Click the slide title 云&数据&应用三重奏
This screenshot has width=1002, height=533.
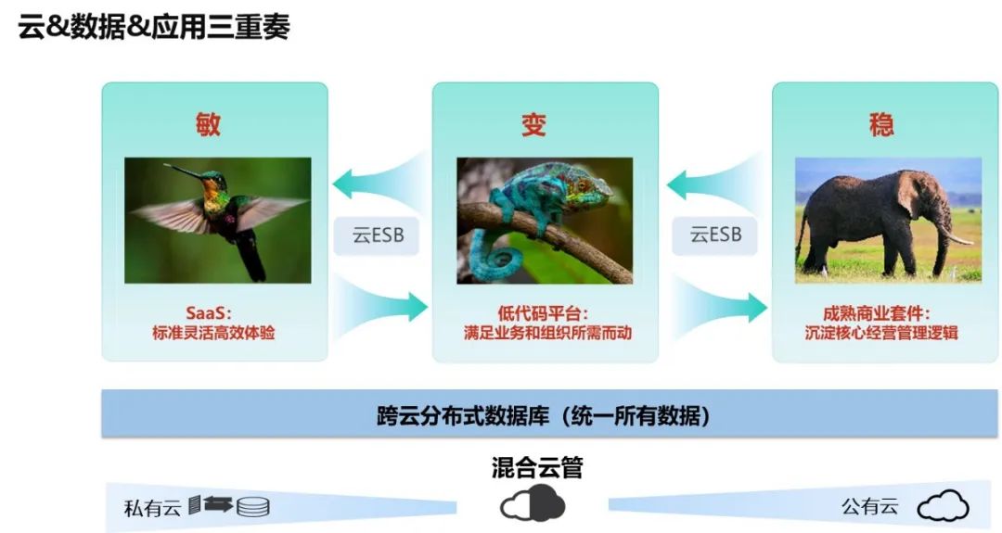[154, 27]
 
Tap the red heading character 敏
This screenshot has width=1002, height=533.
[208, 123]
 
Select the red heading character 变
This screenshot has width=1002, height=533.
[533, 124]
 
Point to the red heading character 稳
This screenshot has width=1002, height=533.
[881, 124]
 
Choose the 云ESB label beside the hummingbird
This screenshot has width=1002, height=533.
[376, 235]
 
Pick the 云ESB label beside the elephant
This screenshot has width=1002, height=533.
[714, 235]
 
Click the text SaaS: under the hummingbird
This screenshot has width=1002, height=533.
[214, 312]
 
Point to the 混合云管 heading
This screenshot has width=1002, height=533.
[537, 467]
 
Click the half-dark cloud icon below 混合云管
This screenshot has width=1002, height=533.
[533, 504]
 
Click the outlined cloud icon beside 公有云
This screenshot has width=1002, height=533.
[943, 506]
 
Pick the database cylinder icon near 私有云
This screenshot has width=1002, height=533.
[253, 507]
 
